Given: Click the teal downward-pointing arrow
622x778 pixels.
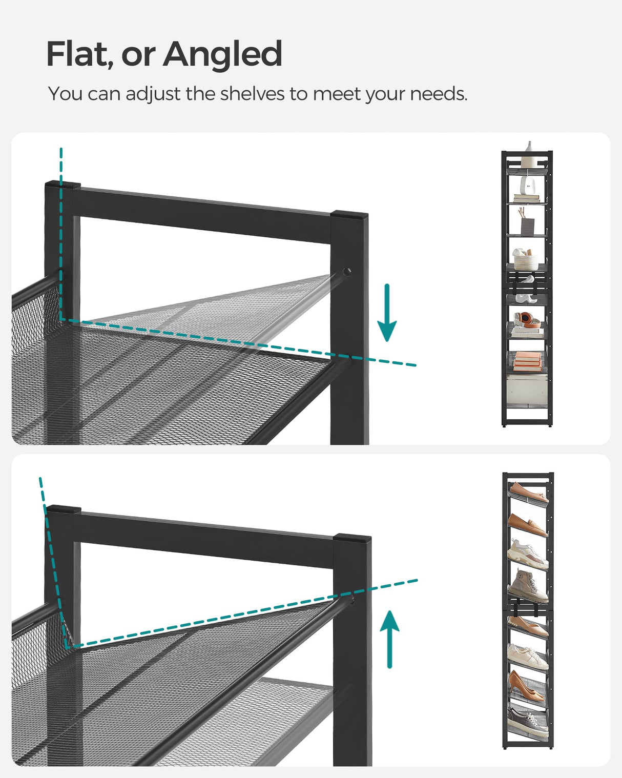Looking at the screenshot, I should click(387, 313).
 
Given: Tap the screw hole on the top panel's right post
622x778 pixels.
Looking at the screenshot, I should click(347, 272).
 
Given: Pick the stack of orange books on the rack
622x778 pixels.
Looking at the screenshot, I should click(527, 361).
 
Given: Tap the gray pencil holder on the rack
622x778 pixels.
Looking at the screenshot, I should click(527, 225).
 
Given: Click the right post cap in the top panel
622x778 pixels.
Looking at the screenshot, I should click(349, 215).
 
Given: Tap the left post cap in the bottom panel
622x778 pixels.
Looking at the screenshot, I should click(63, 510).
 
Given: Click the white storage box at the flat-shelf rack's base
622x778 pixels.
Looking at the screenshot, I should click(527, 390).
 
